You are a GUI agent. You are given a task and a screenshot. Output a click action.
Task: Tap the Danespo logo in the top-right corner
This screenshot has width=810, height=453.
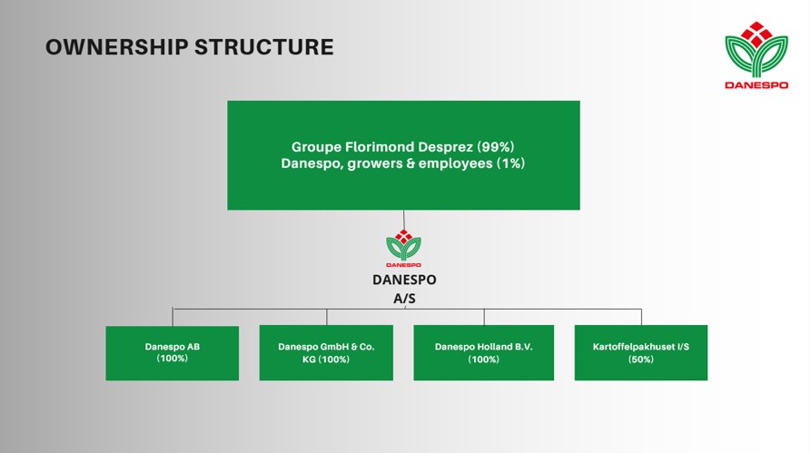coord(756,53)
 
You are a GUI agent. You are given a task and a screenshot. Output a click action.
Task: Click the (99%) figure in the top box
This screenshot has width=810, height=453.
coord(502,146)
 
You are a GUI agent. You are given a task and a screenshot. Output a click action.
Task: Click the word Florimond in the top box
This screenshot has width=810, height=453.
coord(377,146)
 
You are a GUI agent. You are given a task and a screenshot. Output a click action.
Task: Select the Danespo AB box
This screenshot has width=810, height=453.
coord(173,352)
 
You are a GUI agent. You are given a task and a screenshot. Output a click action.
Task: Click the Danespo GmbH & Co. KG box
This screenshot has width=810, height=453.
coord(326,352)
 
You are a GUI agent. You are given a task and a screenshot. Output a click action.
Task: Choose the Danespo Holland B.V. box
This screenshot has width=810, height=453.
coord(483,352)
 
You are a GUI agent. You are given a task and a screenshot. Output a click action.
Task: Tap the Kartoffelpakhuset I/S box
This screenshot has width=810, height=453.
coord(641,352)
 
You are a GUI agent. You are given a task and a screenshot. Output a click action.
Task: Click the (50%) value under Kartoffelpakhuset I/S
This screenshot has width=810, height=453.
coord(641,359)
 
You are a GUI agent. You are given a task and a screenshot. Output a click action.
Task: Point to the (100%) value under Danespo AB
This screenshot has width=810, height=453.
coord(173,359)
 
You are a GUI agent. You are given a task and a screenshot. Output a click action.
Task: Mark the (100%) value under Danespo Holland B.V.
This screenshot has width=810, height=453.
coord(483,359)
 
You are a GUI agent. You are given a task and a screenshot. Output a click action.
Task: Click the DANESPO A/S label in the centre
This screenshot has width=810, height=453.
coord(403,288)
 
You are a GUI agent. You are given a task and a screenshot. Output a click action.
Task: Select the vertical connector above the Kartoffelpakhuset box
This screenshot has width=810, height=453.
coord(641,317)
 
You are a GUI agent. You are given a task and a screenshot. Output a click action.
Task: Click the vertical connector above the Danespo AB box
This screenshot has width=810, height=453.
coord(173,317)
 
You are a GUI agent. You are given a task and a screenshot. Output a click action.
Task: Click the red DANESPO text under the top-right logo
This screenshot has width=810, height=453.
coord(756,85)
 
